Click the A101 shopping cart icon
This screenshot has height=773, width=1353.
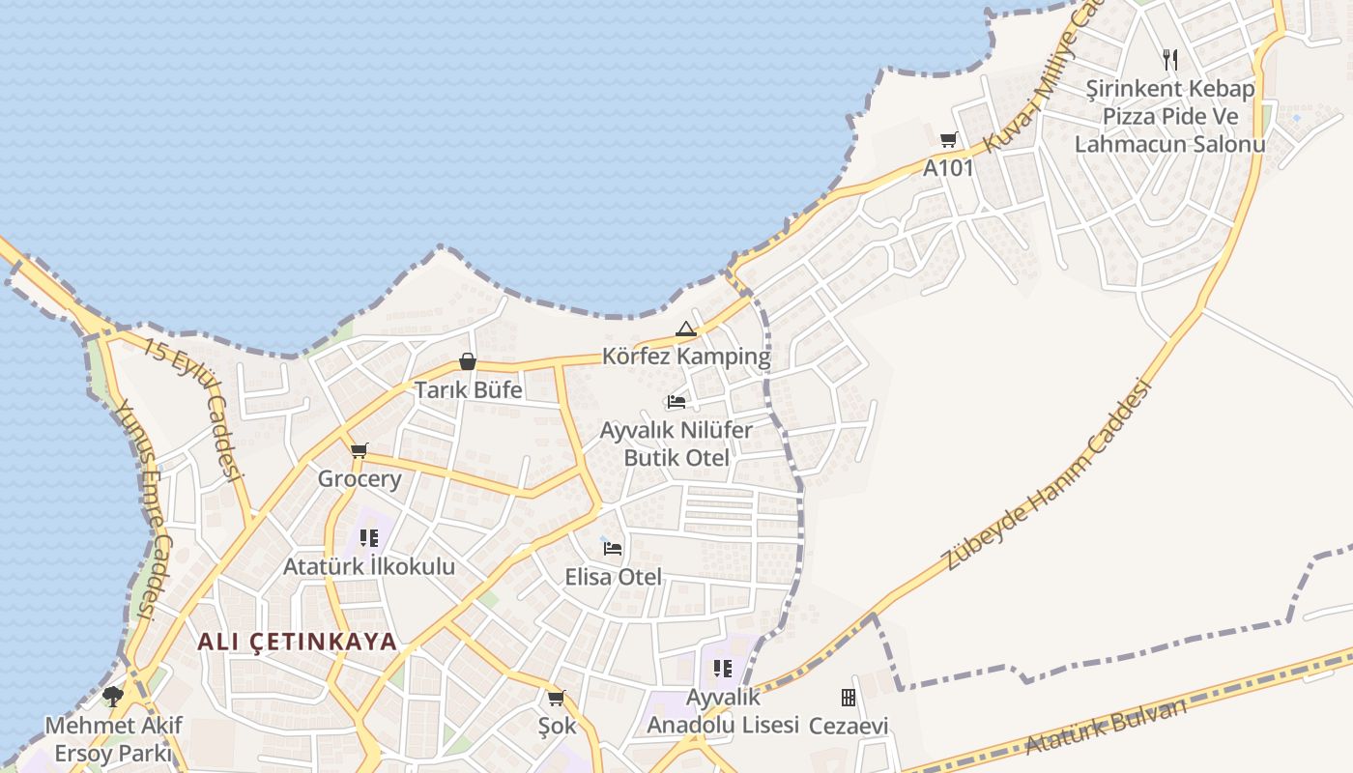coord(948,139)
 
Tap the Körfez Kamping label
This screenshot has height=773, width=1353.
coord(686,357)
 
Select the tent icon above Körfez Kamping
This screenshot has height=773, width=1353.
coord(686,329)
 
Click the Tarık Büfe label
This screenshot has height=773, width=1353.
coord(468,390)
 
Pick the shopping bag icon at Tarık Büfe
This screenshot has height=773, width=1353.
coord(468,361)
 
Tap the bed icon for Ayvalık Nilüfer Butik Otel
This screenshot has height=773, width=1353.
coord(676,401)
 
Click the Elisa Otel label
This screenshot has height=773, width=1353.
coord(614,578)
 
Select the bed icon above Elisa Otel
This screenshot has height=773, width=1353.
coord(613,549)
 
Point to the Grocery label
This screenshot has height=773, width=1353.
coord(360,479)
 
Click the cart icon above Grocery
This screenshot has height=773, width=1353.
coord(360,450)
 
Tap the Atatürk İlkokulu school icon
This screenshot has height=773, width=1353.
coord(368,538)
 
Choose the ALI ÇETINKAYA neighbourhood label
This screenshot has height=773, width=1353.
coord(298,642)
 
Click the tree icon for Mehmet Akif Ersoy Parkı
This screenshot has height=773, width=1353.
coord(113,696)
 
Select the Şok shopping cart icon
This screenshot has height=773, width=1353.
coord(557,698)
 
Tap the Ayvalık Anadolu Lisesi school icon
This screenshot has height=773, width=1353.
coord(723,669)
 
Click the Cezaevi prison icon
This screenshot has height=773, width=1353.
coord(849,697)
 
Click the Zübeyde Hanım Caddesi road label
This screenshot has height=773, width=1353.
coord(1050,473)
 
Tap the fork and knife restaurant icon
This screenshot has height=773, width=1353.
coord(1170,60)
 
